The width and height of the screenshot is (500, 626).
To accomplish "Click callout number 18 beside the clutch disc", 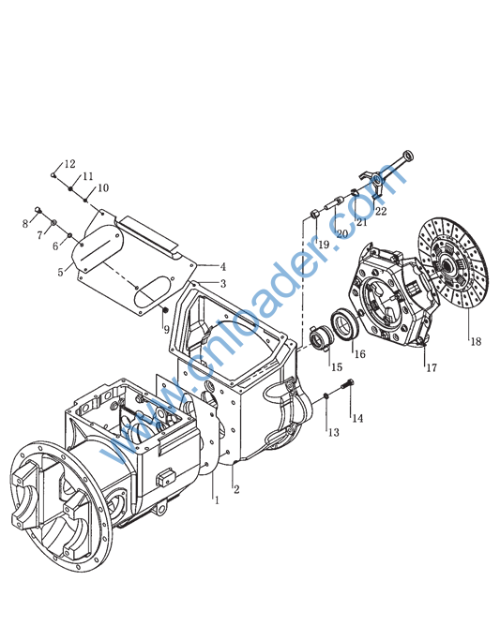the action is coord(476,341).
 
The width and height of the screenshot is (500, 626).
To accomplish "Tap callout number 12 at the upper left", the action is coord(69,164).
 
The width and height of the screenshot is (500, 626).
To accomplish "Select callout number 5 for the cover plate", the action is coord(60,273).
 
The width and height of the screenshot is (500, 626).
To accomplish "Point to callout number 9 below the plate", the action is coord(166,329).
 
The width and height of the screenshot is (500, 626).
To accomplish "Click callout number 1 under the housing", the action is coord(217,499).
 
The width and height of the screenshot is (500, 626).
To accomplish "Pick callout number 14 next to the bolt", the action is coord(357,418).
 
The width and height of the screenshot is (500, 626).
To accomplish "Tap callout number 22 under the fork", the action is coord(381,211).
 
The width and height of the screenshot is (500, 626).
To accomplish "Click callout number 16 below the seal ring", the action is coord(359,353).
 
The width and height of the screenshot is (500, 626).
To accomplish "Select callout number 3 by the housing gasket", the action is coord(223,283).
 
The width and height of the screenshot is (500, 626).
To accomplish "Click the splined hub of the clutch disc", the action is coord(447,263).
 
